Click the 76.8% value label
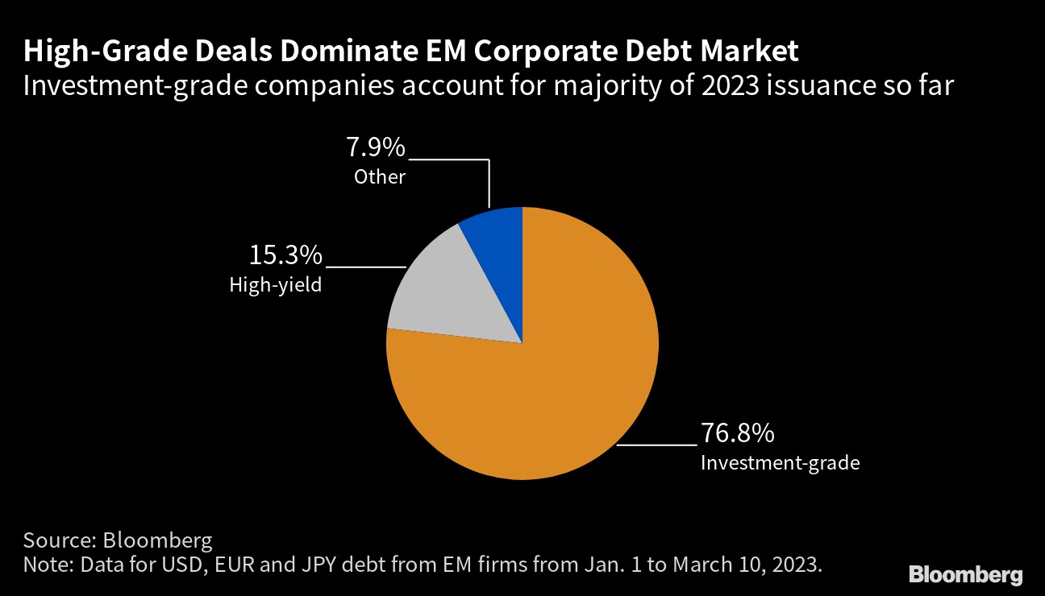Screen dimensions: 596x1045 point(737,434)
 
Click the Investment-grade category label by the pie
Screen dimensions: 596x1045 point(780,463)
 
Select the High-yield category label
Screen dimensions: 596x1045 point(276,285)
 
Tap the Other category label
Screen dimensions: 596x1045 point(379,176)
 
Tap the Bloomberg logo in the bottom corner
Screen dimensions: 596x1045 point(965,575)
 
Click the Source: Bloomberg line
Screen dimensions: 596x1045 point(118,540)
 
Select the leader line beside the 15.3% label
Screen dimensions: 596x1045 point(364,266)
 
